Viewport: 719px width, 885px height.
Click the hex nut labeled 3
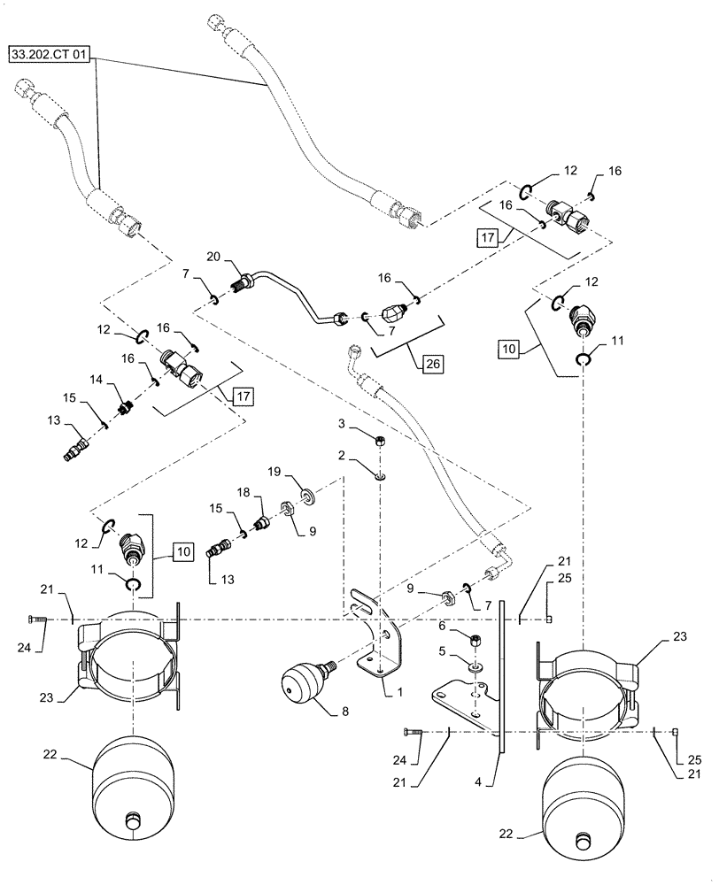coord(379,441)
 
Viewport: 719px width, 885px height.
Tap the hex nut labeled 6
coord(475,639)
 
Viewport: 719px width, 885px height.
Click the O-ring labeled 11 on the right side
coord(583,358)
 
